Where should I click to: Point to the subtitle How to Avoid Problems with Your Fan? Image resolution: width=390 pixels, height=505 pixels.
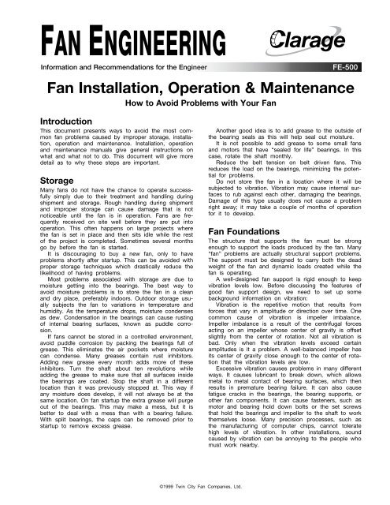click(x=194, y=103)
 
